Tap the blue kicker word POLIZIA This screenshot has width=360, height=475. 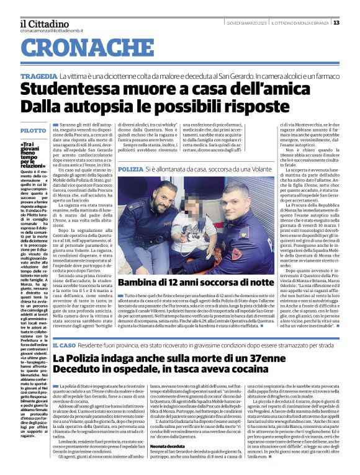tap(130, 169)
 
